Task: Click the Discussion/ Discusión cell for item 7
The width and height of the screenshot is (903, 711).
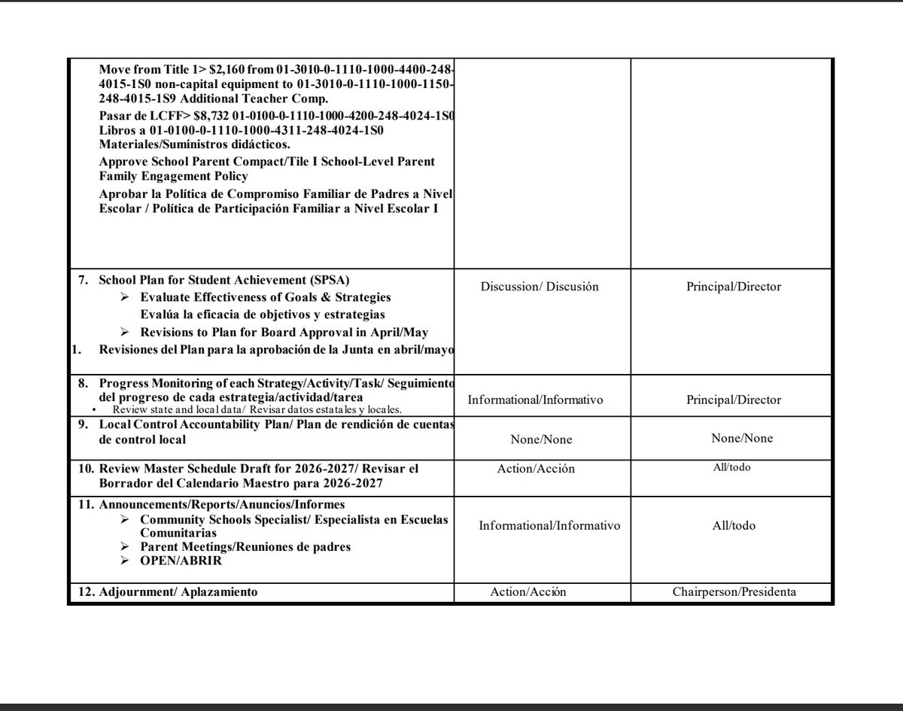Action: pos(540,287)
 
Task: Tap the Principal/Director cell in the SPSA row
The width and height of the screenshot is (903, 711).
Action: pos(734,287)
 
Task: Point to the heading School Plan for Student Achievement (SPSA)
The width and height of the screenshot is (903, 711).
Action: pos(224,280)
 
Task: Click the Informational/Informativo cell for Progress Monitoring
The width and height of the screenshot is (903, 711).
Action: pos(535,400)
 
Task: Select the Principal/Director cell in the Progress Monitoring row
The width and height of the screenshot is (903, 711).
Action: pos(734,400)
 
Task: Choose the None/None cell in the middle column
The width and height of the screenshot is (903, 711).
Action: pos(541,439)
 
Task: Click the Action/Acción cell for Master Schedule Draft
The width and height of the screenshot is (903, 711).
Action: pos(536,469)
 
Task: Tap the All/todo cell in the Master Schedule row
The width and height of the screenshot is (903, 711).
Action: pos(731,467)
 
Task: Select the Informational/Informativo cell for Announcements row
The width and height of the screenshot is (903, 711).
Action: pos(549,525)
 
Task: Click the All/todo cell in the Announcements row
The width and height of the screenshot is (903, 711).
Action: pos(734,525)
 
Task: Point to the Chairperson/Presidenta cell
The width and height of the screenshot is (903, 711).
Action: pos(734,591)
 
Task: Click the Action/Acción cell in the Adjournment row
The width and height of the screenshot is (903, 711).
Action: pos(528,592)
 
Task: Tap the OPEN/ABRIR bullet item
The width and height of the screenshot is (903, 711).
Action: pos(181,561)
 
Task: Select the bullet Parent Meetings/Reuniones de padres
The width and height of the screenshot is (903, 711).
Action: pos(245,547)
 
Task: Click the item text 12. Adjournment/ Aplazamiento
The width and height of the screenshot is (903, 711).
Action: pos(168,592)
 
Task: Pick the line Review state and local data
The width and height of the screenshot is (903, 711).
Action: pos(257,410)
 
